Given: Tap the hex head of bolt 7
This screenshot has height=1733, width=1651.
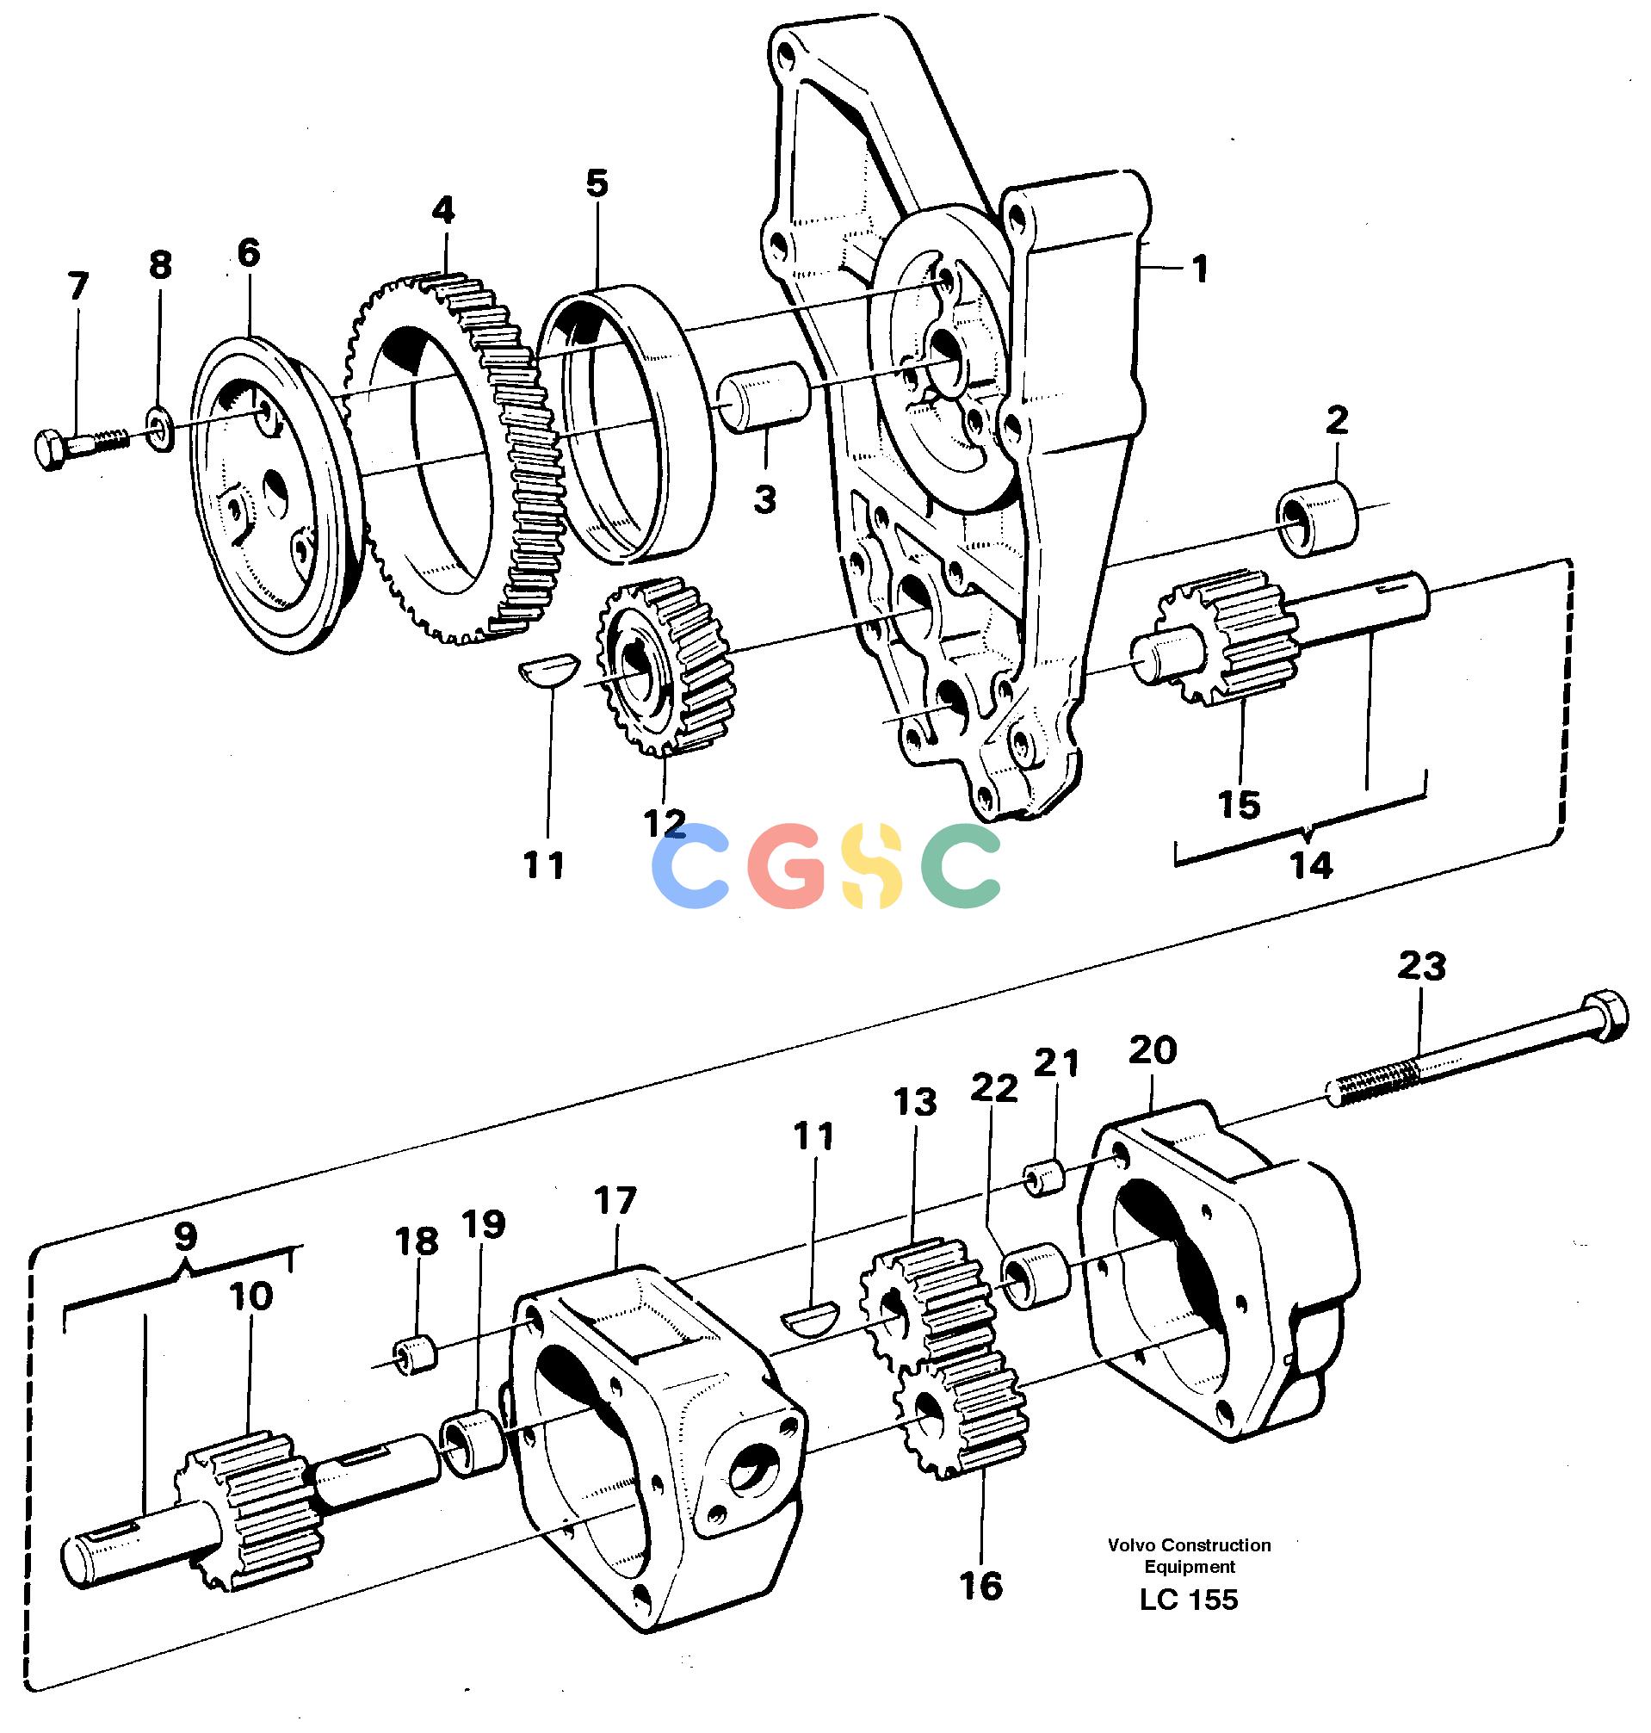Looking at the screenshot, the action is click(51, 448).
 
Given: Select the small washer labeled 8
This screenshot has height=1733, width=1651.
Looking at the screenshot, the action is click(159, 428).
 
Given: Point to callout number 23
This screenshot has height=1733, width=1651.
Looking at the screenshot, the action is click(1422, 968).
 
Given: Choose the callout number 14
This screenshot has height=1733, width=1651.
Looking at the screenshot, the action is click(1311, 866).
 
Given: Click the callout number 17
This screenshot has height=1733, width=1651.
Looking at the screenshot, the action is click(615, 1200).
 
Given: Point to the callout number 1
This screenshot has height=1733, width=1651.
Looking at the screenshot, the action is click(1198, 269).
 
